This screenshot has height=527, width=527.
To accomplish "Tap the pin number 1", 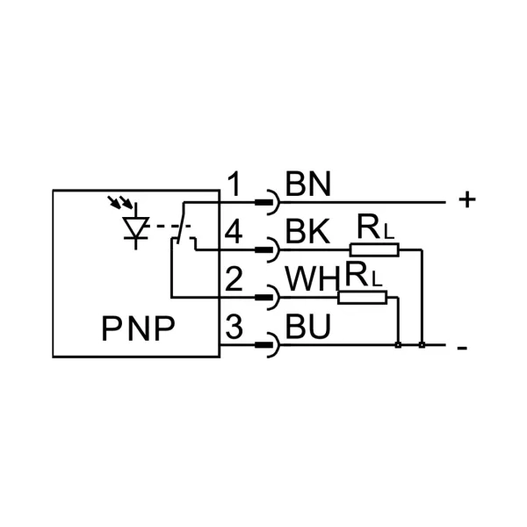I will (x=234, y=185).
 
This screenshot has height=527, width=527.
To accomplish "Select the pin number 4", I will (x=234, y=233).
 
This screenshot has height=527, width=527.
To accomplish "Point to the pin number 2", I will (x=234, y=280).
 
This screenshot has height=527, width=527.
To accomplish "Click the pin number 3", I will (x=234, y=328).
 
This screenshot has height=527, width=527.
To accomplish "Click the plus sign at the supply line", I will (x=467, y=200).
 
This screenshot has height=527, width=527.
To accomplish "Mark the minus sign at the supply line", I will (x=462, y=348).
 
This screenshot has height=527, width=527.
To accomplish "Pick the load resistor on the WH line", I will (x=362, y=298).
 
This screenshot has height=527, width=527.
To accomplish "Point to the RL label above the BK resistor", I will (x=376, y=230).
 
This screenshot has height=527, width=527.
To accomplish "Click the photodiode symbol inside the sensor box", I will (x=135, y=227).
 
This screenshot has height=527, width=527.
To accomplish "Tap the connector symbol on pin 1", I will (x=267, y=203).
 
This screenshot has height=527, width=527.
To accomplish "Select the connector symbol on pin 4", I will (x=267, y=250).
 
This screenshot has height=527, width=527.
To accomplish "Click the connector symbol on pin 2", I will (x=267, y=298).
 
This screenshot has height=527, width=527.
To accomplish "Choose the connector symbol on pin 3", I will (x=267, y=345).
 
